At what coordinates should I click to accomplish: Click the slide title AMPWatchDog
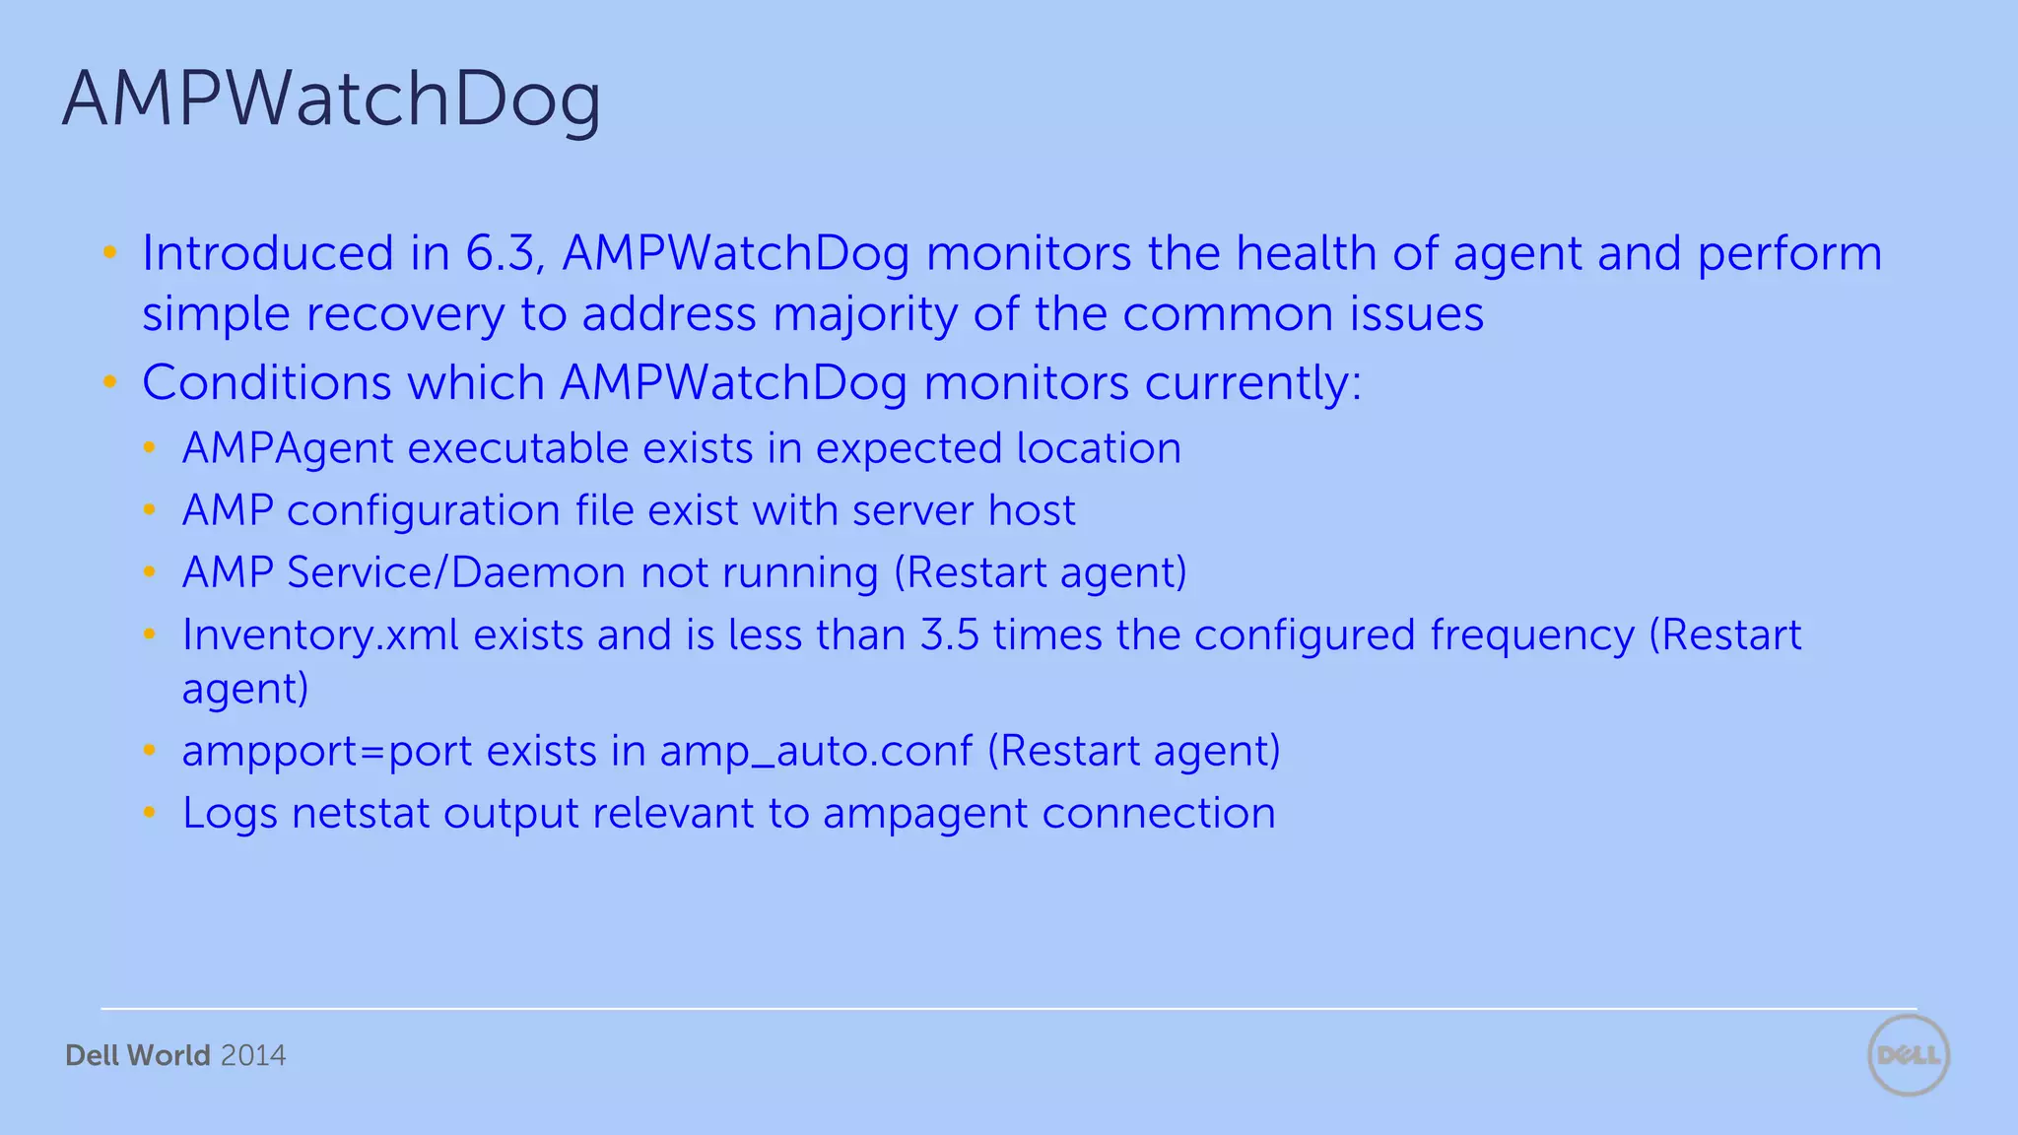point(331,100)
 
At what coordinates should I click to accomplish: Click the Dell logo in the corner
point(1908,1055)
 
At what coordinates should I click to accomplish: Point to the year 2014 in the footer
point(253,1055)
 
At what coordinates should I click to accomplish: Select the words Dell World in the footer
point(138,1055)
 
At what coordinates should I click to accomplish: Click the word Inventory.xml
point(320,635)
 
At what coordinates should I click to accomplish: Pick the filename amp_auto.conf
point(816,752)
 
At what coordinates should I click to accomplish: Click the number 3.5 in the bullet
point(949,635)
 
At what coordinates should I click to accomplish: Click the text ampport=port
point(327,752)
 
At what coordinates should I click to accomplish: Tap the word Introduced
point(268,253)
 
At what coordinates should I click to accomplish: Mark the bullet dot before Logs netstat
point(150,813)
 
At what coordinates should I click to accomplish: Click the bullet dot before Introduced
point(110,253)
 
